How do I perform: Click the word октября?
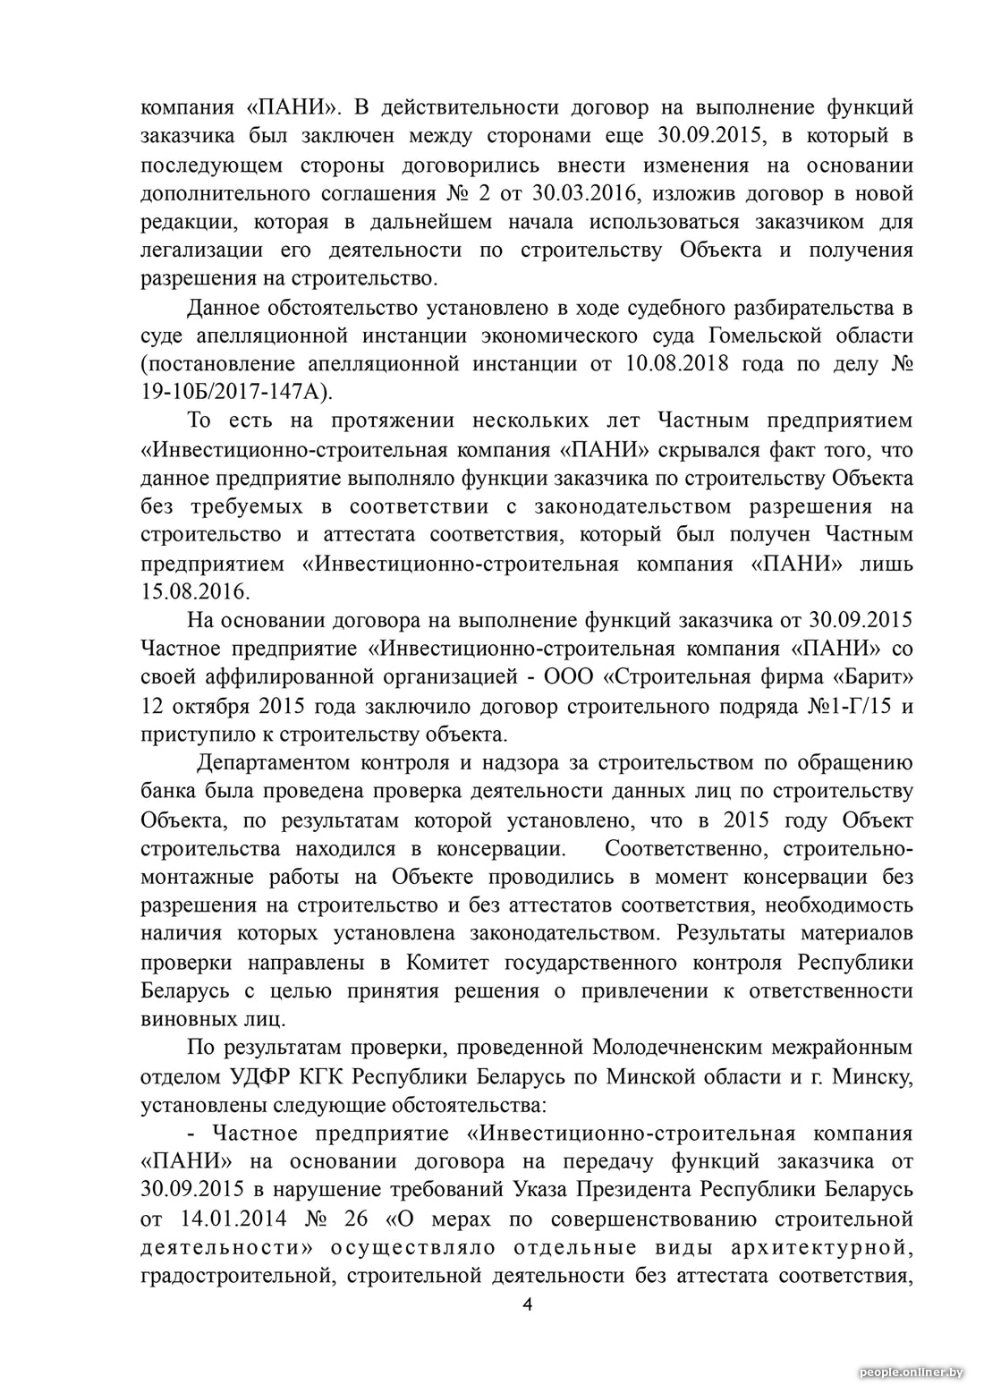pyautogui.click(x=214, y=706)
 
